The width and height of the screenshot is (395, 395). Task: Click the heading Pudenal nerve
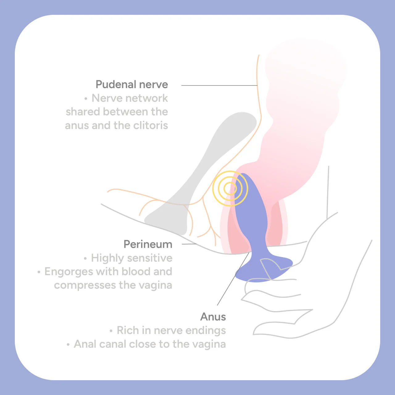[132, 85]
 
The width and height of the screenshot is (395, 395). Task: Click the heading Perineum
[148, 244]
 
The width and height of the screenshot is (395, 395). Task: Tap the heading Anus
[213, 317]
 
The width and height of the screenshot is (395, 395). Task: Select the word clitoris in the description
[151, 125]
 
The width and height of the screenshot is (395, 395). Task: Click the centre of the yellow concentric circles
[230, 188]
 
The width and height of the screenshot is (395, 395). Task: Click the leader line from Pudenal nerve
[219, 85]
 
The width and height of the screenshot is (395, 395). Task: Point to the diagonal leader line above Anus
[233, 279]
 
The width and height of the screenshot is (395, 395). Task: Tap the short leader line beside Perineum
[189, 244]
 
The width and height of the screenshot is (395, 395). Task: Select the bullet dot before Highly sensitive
[85, 259]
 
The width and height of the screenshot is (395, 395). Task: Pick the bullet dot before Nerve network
[86, 99]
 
